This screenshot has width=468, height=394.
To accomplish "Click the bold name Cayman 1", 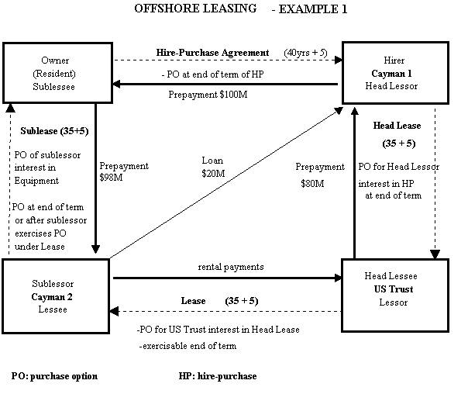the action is pos(391,73).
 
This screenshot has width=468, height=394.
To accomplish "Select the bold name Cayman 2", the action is pos(52,296).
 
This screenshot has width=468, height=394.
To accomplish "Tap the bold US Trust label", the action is pos(394,289).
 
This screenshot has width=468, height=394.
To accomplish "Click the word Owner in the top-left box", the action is pos(55,60).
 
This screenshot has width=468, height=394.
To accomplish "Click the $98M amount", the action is pos(111,178).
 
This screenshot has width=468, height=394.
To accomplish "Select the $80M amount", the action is pos(312,183).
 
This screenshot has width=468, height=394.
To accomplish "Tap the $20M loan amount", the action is pos(213,173).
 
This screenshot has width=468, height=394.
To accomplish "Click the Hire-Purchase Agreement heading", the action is pos(212,53).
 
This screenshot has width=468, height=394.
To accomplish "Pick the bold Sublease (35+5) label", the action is pos(54,131).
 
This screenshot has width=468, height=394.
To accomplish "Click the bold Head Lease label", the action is pos(397,126).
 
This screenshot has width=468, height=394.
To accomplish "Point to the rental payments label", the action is pos(231,267).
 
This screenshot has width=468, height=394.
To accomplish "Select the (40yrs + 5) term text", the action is pos(305,53).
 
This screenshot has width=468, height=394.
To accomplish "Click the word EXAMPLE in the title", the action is pos(308,9).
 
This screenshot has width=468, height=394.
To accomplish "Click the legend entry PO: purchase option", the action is pos(54,376).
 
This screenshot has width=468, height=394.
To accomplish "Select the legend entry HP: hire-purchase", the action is pos(218,376).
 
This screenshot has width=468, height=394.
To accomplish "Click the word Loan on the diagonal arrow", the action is pos(212,161).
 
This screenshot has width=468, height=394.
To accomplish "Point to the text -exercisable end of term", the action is pos(188,346).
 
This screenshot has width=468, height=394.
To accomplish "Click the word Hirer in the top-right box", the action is pos(394,60).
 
